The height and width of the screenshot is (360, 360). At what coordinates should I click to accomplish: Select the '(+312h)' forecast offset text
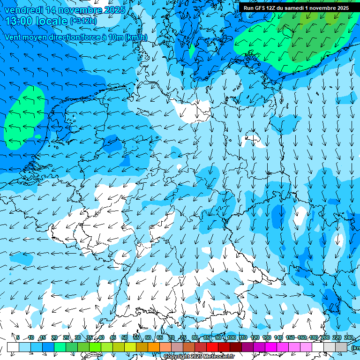[x=83, y=21]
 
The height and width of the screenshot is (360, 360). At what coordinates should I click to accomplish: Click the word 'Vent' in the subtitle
[x=14, y=37]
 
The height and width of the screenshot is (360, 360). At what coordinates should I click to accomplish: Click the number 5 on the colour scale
[x=18, y=338]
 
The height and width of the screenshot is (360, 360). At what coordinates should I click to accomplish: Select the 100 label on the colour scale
[x=231, y=338]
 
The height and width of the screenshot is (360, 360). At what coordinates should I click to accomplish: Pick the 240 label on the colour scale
[x=348, y=338]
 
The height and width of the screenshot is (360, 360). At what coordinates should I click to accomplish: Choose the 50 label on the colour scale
[x=125, y=338]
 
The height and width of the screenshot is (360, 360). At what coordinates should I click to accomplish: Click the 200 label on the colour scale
[x=325, y=338]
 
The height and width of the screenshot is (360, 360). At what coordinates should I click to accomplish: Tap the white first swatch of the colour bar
[x=13, y=347]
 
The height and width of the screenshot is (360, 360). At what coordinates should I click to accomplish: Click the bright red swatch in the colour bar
[x=212, y=347]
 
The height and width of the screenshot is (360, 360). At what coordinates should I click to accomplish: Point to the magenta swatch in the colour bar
[x=271, y=347]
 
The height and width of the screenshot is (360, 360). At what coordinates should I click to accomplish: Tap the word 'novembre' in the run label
[x=321, y=8]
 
